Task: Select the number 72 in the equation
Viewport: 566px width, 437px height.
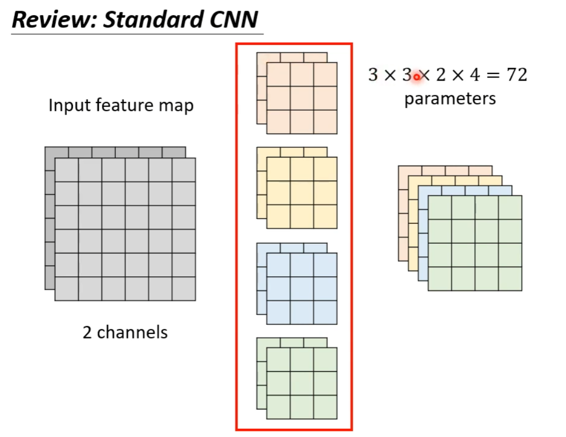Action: (516, 75)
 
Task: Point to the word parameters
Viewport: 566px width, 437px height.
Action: (450, 98)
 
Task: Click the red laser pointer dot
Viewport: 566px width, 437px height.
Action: (416, 77)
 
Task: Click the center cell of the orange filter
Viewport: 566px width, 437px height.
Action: (302, 98)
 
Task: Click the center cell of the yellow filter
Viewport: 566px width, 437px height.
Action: (302, 193)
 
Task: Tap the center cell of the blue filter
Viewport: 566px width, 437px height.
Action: (302, 289)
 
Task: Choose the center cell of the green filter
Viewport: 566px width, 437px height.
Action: (302, 383)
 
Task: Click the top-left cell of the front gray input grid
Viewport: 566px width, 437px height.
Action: (66, 170)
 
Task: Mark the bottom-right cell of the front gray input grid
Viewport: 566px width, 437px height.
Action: (184, 289)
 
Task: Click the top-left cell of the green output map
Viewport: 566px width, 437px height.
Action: (440, 208)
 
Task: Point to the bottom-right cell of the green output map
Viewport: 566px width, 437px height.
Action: (510, 278)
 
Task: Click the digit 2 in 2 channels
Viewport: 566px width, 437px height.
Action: (87, 332)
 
